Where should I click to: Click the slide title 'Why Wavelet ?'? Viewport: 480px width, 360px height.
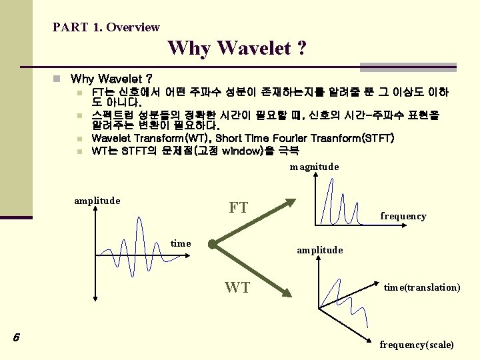pos(237,48)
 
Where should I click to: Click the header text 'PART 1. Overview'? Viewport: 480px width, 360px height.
pos(106,27)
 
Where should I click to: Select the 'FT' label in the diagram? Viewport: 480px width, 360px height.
pos(239,207)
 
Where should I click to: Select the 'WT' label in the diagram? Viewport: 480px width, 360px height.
pos(238,287)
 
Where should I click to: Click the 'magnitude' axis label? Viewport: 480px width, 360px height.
pos(314,167)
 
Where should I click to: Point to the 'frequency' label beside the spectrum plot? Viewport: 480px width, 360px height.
pos(403,216)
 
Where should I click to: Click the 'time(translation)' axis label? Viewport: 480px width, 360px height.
pos(421,287)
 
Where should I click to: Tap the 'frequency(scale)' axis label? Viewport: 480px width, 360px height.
pos(416,345)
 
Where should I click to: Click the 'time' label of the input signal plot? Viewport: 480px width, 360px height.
pos(181,243)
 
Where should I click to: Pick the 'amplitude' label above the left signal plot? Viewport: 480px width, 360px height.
pos(97,201)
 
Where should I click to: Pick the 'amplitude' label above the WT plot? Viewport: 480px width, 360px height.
pos(319,250)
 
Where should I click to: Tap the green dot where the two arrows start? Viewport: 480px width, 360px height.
pos(212,244)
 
